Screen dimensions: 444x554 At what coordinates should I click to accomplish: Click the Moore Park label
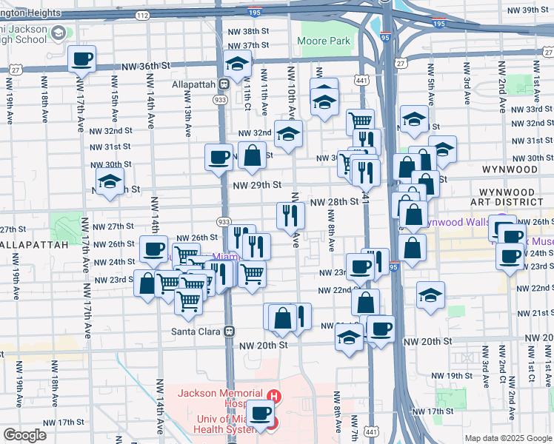[x=324, y=41]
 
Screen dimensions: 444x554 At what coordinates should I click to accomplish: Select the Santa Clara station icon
[x=230, y=331]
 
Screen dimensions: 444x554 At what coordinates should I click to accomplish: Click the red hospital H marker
[x=275, y=396]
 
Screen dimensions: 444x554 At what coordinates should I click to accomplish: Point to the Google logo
[x=24, y=435]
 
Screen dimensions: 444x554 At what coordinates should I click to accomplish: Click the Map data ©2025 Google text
[x=507, y=438]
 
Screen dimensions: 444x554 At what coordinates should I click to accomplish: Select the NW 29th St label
[x=257, y=184]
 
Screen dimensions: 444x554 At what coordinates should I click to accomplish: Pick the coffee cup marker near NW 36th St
[x=81, y=58]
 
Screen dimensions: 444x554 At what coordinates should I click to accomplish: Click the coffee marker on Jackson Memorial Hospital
[x=260, y=413]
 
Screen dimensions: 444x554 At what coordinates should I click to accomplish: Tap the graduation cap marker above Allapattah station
[x=238, y=64]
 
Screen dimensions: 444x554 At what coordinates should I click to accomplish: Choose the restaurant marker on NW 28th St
[x=290, y=215]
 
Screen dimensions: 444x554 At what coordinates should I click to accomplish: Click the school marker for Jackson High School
[x=56, y=33]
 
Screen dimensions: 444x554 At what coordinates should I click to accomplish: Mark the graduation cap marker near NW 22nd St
[x=430, y=295]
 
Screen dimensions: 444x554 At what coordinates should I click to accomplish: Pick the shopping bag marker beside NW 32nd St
[x=253, y=155]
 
